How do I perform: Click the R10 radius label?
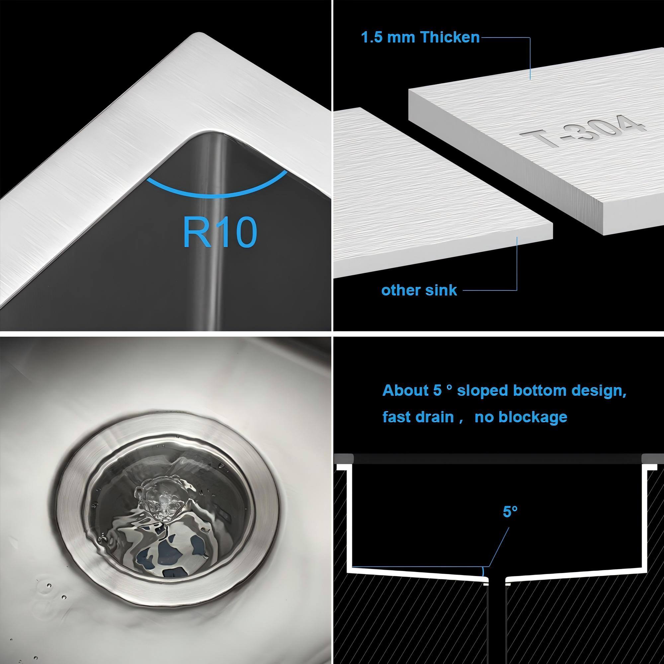pos(220,232)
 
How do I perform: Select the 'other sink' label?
pos(419,290)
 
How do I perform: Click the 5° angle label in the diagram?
pos(510,521)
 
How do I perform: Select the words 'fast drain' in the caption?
pos(418,417)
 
